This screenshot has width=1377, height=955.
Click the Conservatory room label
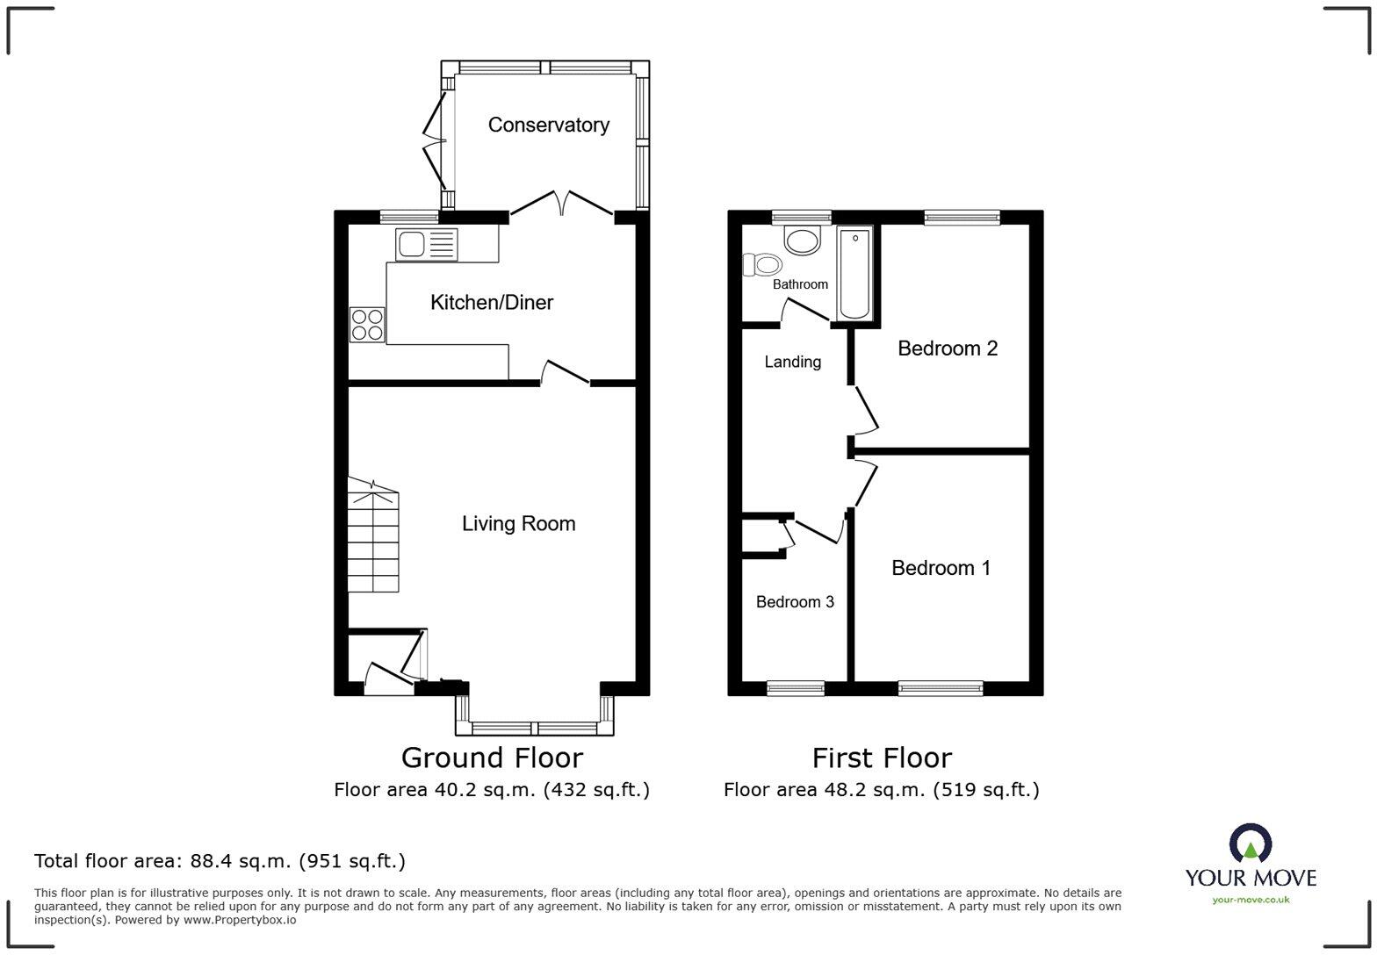click(548, 126)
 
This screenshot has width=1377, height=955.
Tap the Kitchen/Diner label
click(491, 303)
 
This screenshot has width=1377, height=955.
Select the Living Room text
click(518, 524)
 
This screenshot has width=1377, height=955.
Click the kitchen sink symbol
click(426, 244)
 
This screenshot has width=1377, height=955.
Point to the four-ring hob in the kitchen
click(367, 324)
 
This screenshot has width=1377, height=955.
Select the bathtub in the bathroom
click(854, 274)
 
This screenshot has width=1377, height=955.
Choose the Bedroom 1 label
click(941, 569)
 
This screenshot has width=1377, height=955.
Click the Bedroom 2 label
click(947, 348)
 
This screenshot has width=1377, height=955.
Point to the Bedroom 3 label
click(795, 602)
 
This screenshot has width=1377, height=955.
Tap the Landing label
click(792, 362)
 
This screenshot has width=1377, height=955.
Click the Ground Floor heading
click(492, 758)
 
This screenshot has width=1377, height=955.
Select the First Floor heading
click(881, 758)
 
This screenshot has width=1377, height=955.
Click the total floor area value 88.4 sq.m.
click(242, 861)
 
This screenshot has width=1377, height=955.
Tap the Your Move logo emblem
click(1250, 844)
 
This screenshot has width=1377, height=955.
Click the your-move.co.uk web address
click(1251, 899)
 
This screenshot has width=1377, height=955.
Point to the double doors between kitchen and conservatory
click(561, 204)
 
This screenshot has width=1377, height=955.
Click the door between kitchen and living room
click(565, 374)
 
